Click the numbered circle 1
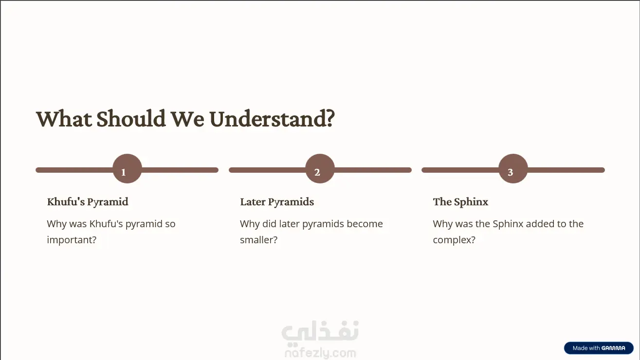pos(127,169)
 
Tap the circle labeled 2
pos(320,169)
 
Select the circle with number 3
pos(513,169)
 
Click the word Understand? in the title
pos(272,119)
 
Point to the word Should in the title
pos(131,118)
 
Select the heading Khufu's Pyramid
pos(88,202)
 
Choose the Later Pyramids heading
pos(277,202)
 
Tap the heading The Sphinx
pos(460,202)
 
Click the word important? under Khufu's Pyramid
pos(72,240)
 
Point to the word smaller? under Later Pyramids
pos(258,240)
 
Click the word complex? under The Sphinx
pos(454,240)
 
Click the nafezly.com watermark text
pos(320,353)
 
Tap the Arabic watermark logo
pos(320,332)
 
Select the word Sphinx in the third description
pos(508,224)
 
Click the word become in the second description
pos(365,224)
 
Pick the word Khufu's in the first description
pos(106,224)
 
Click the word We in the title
pos(187,119)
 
